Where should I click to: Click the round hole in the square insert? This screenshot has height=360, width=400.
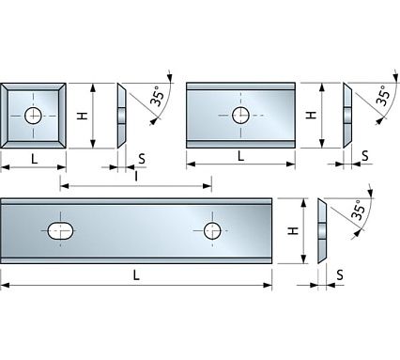click(34, 116)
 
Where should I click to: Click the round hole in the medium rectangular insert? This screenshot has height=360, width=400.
click(241, 116)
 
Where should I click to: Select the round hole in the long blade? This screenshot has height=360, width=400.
click(213, 231)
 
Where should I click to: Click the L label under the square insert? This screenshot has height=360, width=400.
click(34, 159)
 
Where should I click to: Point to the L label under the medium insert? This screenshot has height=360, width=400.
click(241, 156)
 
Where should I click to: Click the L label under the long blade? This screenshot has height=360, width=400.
click(137, 274)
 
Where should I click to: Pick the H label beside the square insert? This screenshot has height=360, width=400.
click(82, 115)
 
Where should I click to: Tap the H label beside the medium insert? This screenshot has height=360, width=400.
click(311, 115)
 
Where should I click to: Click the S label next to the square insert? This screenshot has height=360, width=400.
click(141, 158)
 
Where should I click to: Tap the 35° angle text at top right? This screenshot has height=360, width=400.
click(382, 95)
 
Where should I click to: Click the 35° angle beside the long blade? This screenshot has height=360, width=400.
click(358, 211)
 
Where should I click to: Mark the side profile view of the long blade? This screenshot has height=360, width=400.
click(323, 231)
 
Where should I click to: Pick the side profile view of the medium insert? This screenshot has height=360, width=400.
click(348, 115)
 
